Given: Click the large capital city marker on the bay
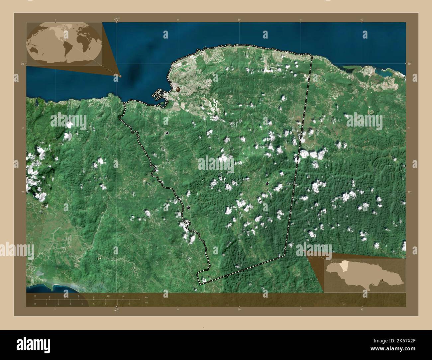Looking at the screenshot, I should coord(178,89).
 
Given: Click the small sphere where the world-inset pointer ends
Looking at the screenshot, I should coord(120,76).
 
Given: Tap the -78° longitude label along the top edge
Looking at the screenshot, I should coord(116,19).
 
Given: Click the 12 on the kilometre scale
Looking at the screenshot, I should coord(123,296).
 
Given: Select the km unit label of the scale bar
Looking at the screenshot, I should coord(147,297).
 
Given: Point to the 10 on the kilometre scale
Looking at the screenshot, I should coord(108,296).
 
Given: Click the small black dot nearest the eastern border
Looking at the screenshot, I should coord(267,183).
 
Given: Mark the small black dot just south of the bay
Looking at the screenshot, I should coord(167,133).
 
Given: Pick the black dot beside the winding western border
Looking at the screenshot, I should coord(188,208).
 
